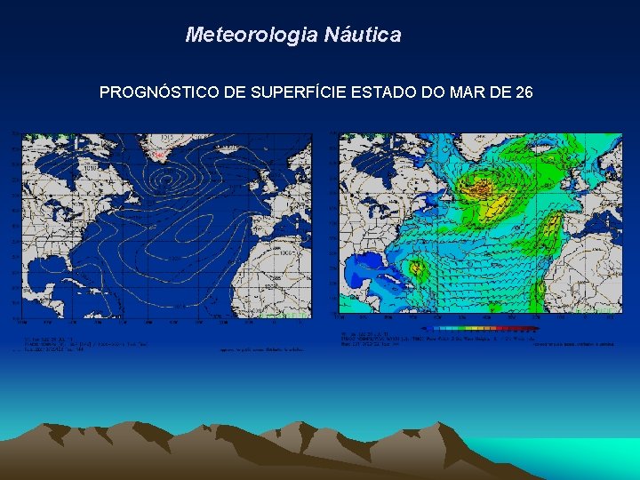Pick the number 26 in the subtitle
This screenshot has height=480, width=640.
524,92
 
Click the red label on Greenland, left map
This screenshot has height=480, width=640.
159,156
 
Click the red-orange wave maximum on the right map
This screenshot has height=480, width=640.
482,188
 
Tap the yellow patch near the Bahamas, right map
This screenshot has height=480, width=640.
413,268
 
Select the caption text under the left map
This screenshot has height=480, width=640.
80,345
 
